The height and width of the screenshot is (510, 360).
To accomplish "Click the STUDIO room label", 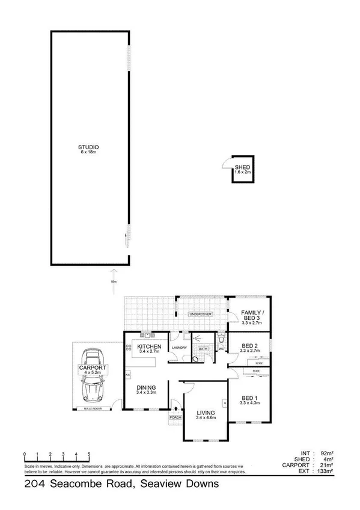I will click(88, 147).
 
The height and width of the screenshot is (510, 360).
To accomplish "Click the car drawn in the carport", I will click(93, 375).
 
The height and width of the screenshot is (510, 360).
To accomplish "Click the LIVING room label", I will click(205, 412).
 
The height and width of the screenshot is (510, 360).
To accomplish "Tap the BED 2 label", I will click(249, 346).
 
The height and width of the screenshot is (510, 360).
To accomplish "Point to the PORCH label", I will click(176, 417).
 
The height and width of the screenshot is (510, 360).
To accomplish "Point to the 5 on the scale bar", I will click(89, 454).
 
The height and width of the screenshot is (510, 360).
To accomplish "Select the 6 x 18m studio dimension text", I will click(88, 153).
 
